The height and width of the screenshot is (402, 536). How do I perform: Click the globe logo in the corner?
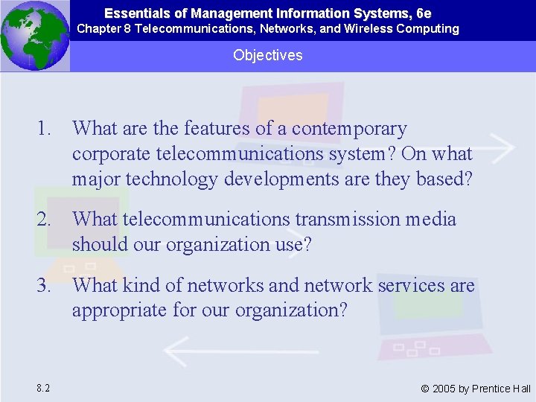click(35, 35)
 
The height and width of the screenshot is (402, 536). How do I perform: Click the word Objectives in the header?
click(267, 55)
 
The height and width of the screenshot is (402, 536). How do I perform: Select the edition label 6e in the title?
click(424, 13)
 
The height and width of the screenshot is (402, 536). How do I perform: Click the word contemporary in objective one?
click(349, 130)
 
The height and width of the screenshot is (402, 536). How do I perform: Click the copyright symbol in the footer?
click(425, 389)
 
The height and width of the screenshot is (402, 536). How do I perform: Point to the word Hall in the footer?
click(521, 389)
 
